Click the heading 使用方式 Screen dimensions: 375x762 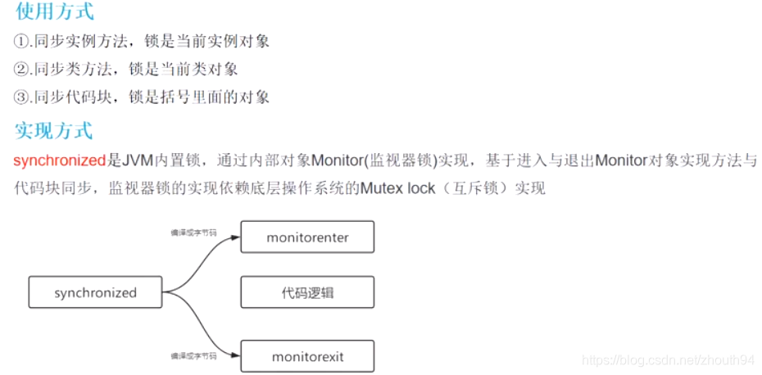pyautogui.click(x=54, y=11)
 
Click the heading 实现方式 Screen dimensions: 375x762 pyautogui.click(x=54, y=129)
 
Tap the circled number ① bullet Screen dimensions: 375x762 pyautogui.click(x=22, y=40)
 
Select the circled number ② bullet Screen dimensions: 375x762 pyautogui.click(x=22, y=69)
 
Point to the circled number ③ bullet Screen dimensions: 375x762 pyautogui.click(x=22, y=97)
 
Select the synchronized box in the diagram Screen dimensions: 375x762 pyautogui.click(x=96, y=292)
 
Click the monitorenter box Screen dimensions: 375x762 pyautogui.click(x=307, y=237)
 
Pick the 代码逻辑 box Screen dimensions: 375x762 pyautogui.click(x=307, y=292)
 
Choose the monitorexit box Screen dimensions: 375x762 pyautogui.click(x=307, y=357)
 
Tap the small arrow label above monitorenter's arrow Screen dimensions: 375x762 pyautogui.click(x=193, y=233)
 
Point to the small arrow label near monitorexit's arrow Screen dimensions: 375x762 pyautogui.click(x=193, y=356)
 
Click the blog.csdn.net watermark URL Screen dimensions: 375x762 pyautogui.click(x=667, y=359)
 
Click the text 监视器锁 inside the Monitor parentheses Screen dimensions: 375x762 pyautogui.click(x=400, y=160)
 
